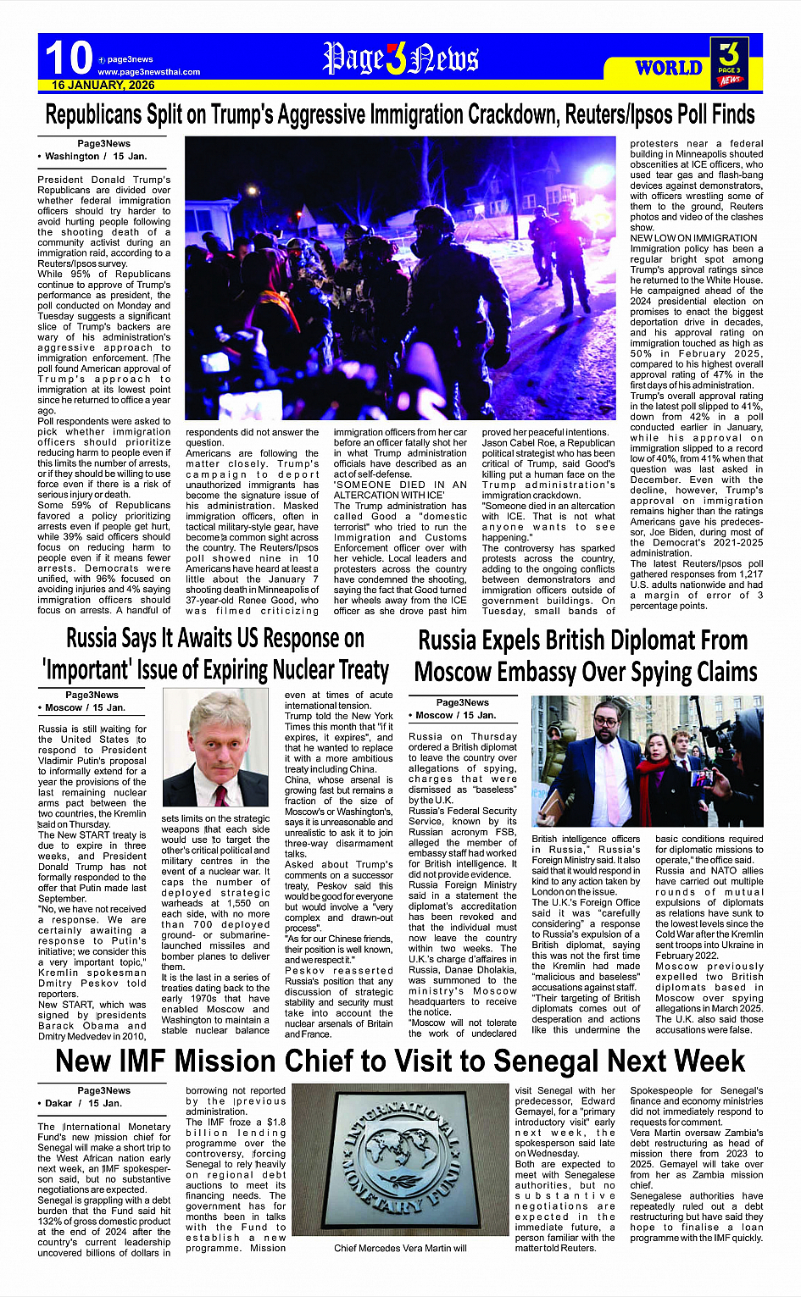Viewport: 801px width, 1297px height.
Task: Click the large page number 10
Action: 68,58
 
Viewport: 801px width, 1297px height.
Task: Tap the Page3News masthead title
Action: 400,58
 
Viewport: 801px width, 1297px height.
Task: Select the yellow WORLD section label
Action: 669,68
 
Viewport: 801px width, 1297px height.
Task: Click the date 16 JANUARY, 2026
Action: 103,86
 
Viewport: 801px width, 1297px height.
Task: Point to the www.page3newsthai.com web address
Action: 149,72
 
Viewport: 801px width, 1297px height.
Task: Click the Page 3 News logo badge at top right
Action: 729,62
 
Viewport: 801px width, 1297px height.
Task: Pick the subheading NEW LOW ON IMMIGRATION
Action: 693,238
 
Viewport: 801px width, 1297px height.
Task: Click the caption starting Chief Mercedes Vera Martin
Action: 400,1248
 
